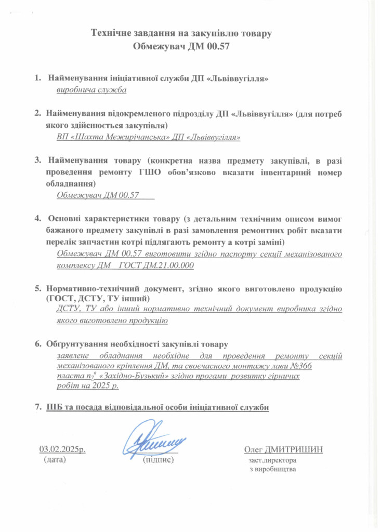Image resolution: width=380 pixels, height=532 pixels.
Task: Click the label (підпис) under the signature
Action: tap(158, 460)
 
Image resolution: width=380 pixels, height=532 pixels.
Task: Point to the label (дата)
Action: tap(55, 460)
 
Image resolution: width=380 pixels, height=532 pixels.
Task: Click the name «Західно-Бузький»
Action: tap(121, 376)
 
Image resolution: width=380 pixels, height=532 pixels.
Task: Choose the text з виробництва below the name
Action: tap(273, 470)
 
